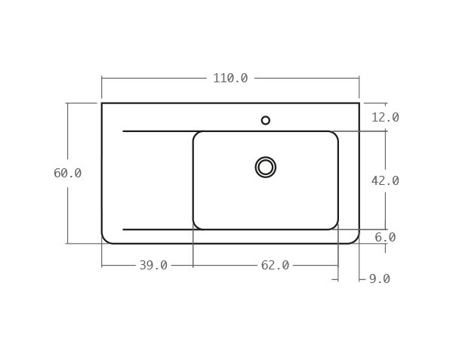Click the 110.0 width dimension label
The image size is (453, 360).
230,78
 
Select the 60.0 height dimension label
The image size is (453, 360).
67,174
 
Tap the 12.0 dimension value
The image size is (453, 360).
385,118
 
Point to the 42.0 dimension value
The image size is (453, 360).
385,181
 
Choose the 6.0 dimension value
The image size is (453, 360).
385,238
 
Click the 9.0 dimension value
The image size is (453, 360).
379,279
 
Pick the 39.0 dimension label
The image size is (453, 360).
153,266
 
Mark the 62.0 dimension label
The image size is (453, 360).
275,266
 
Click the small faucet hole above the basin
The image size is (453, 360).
266,120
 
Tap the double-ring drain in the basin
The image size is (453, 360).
266,167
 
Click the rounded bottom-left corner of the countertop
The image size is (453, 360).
106,240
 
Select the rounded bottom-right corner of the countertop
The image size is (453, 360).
355,240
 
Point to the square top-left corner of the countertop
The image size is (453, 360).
102,103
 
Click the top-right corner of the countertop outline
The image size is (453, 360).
359,103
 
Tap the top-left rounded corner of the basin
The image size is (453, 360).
196,135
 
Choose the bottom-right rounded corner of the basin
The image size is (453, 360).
334,226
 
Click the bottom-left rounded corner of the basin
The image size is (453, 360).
196,226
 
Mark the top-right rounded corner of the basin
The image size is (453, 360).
334,135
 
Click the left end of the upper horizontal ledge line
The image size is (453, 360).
123,131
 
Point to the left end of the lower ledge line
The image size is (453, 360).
123,229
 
